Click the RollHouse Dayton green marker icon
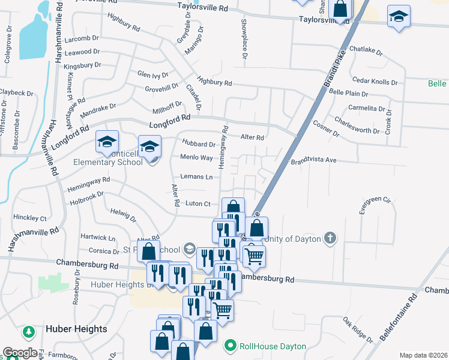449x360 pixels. coord(229,346)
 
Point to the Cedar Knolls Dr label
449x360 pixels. coord(375,81)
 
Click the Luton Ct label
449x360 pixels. coord(197,204)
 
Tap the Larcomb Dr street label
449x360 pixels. coord(81,39)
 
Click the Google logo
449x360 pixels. coord(20,353)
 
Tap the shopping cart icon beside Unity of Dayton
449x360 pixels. coord(255,256)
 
